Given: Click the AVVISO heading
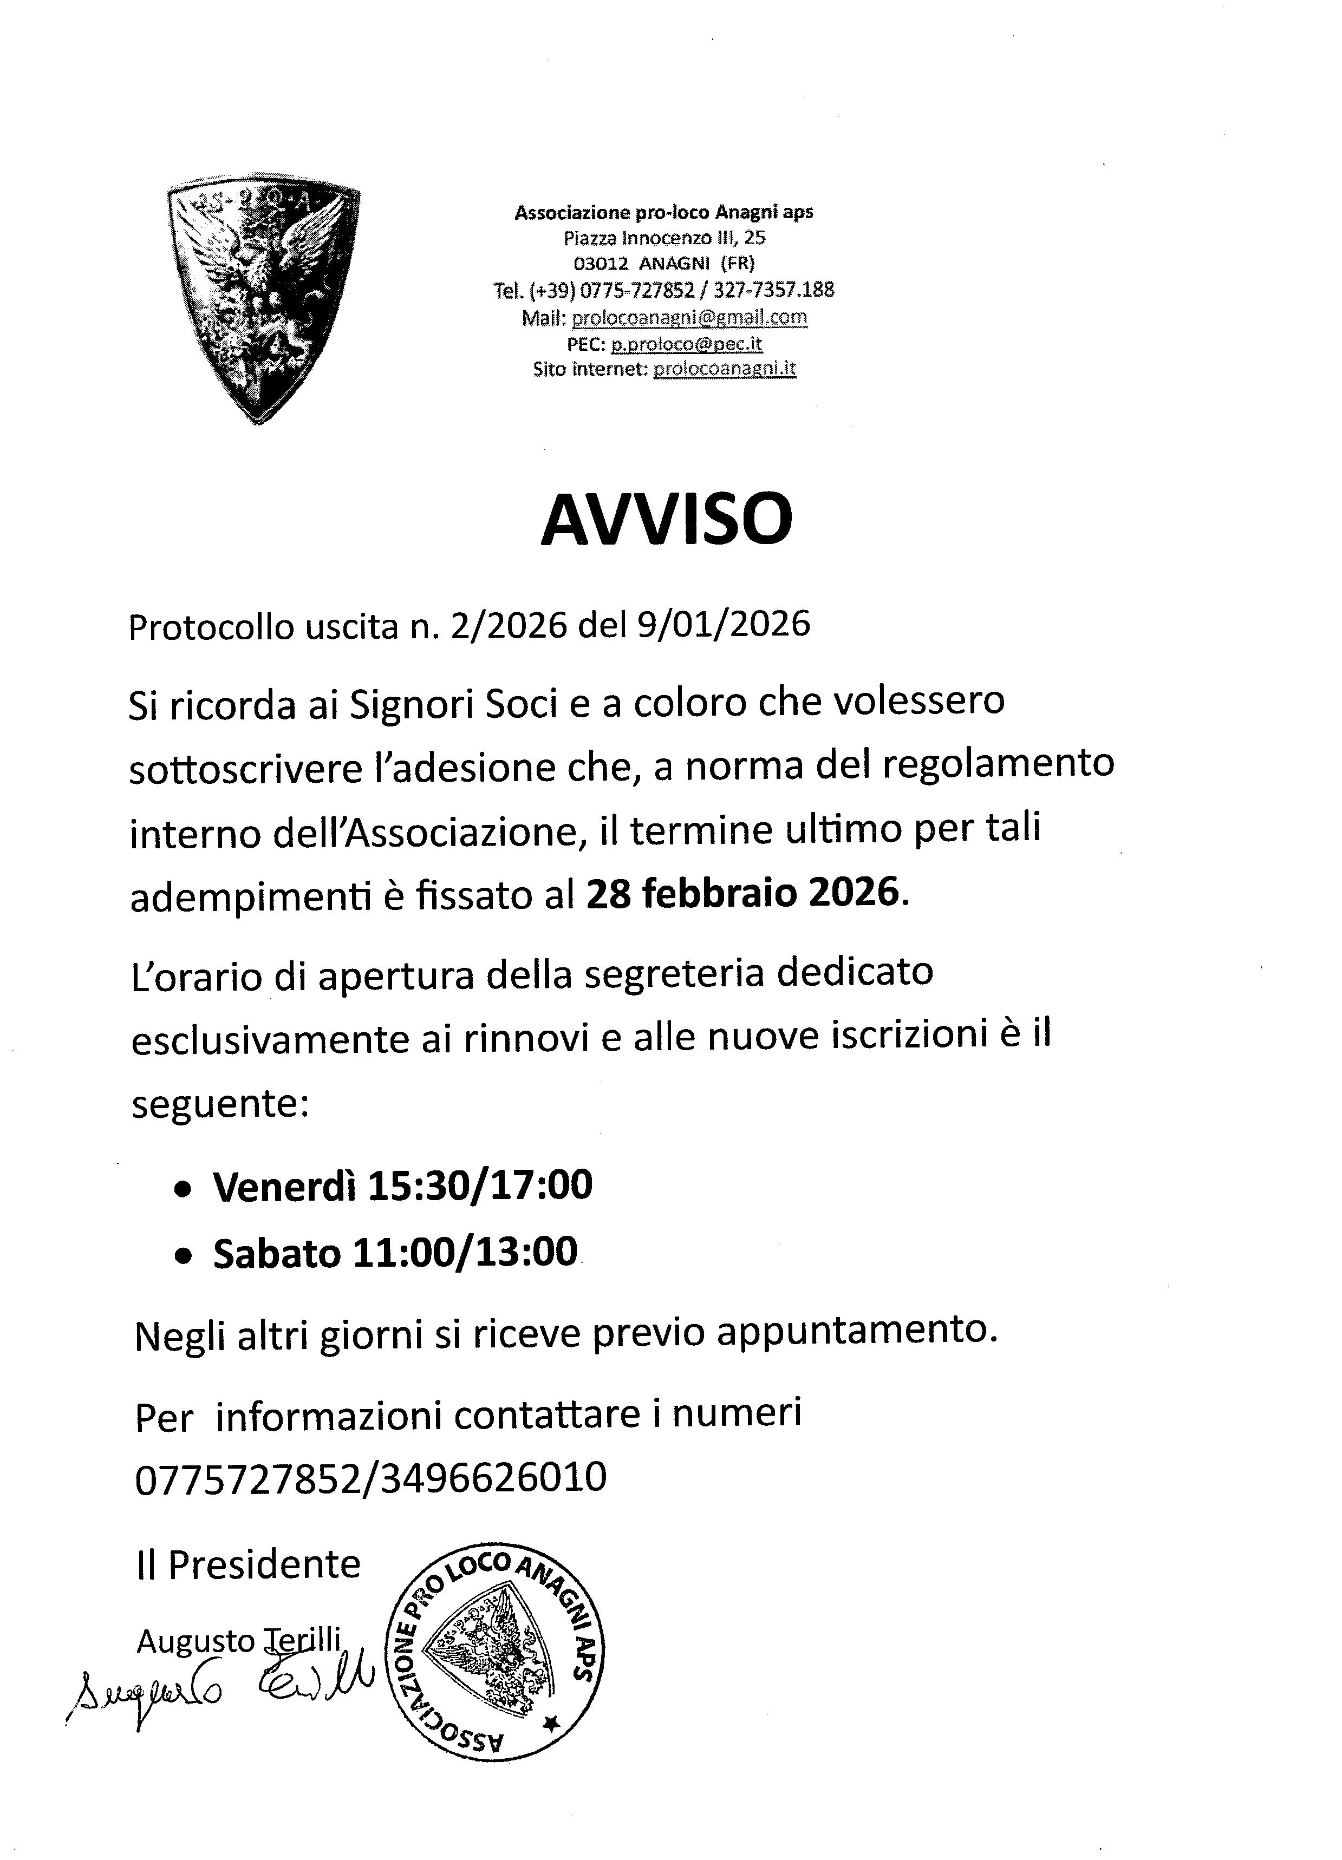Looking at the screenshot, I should pyautogui.click(x=666, y=520).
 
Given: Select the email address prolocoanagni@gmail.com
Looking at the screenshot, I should pyautogui.click(x=689, y=317).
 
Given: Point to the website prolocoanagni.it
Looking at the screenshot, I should pyautogui.click(x=724, y=369).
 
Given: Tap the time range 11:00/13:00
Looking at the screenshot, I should pyautogui.click(x=465, y=1253).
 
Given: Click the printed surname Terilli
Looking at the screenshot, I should pyautogui.click(x=301, y=1639).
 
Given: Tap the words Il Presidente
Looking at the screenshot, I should pyautogui.click(x=247, y=1565).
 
